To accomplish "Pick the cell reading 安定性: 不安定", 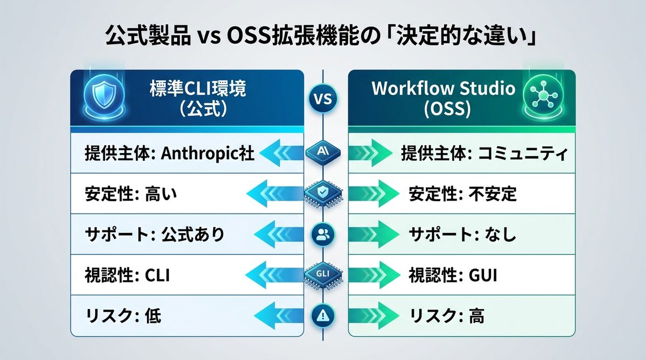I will pos(462,194).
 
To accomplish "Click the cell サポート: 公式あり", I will pos(155,235).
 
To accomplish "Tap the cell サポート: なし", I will pos(462,235).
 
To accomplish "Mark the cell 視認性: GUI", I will pos(452,276).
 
